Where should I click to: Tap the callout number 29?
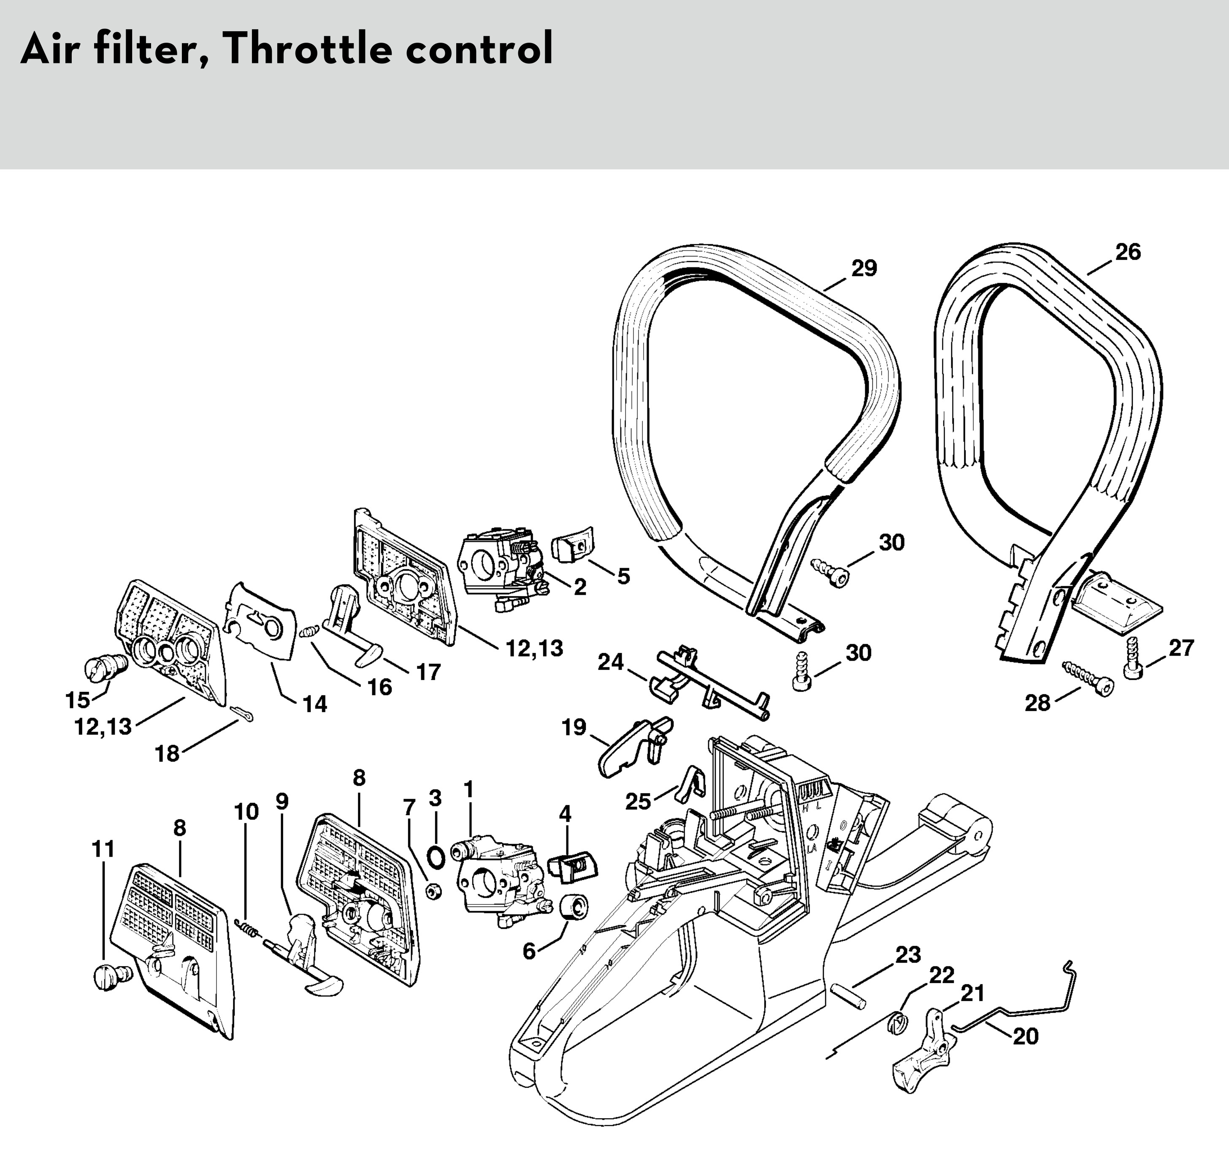[864, 268]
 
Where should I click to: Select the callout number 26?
[1128, 252]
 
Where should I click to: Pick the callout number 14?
[315, 705]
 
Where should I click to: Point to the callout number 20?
[1026, 1036]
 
